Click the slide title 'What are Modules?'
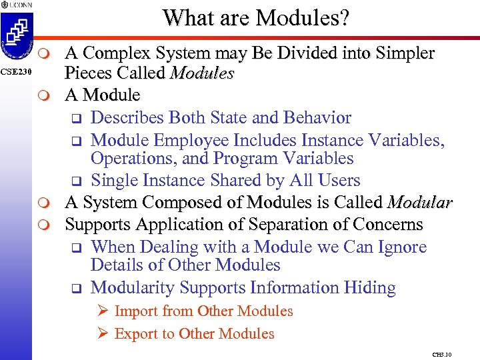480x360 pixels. click(255, 17)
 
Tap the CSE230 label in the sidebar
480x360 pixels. click(15, 71)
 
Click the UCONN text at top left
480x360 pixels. click(19, 5)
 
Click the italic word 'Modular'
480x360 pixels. click(420, 203)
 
